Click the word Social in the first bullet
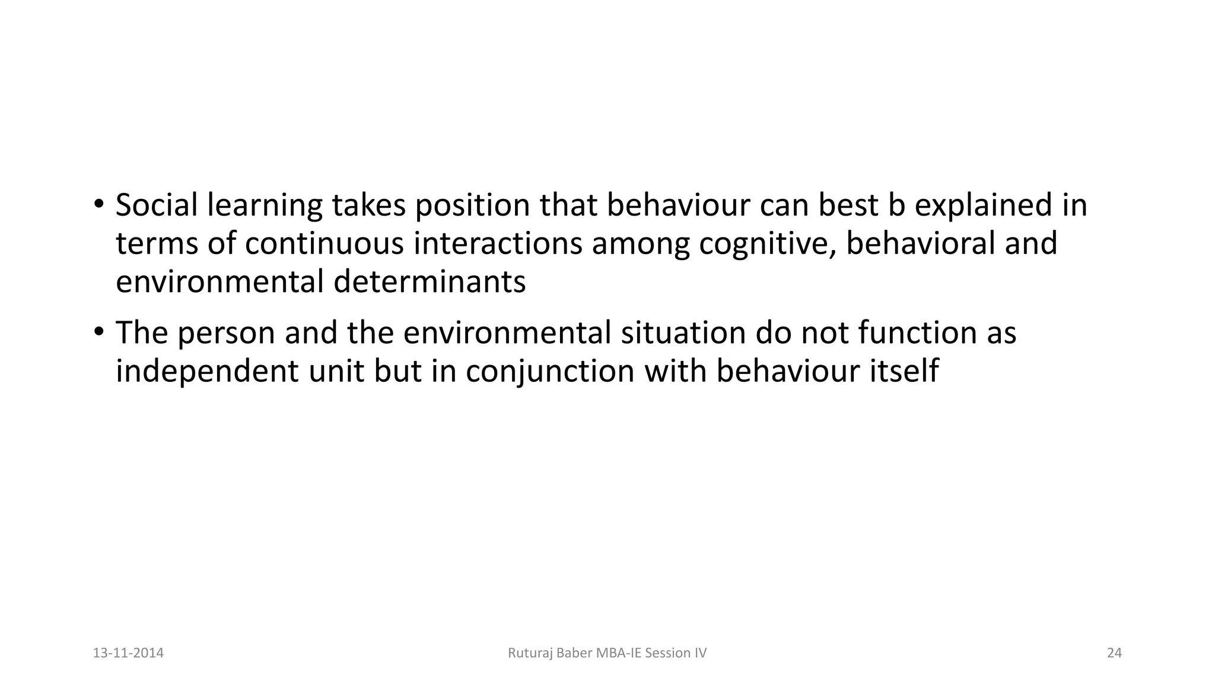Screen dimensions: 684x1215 [157, 205]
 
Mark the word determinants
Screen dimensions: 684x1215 [430, 282]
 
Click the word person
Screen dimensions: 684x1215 [226, 332]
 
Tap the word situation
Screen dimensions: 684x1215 [683, 332]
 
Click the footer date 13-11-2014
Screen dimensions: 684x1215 [128, 653]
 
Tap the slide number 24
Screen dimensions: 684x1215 [1114, 653]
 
